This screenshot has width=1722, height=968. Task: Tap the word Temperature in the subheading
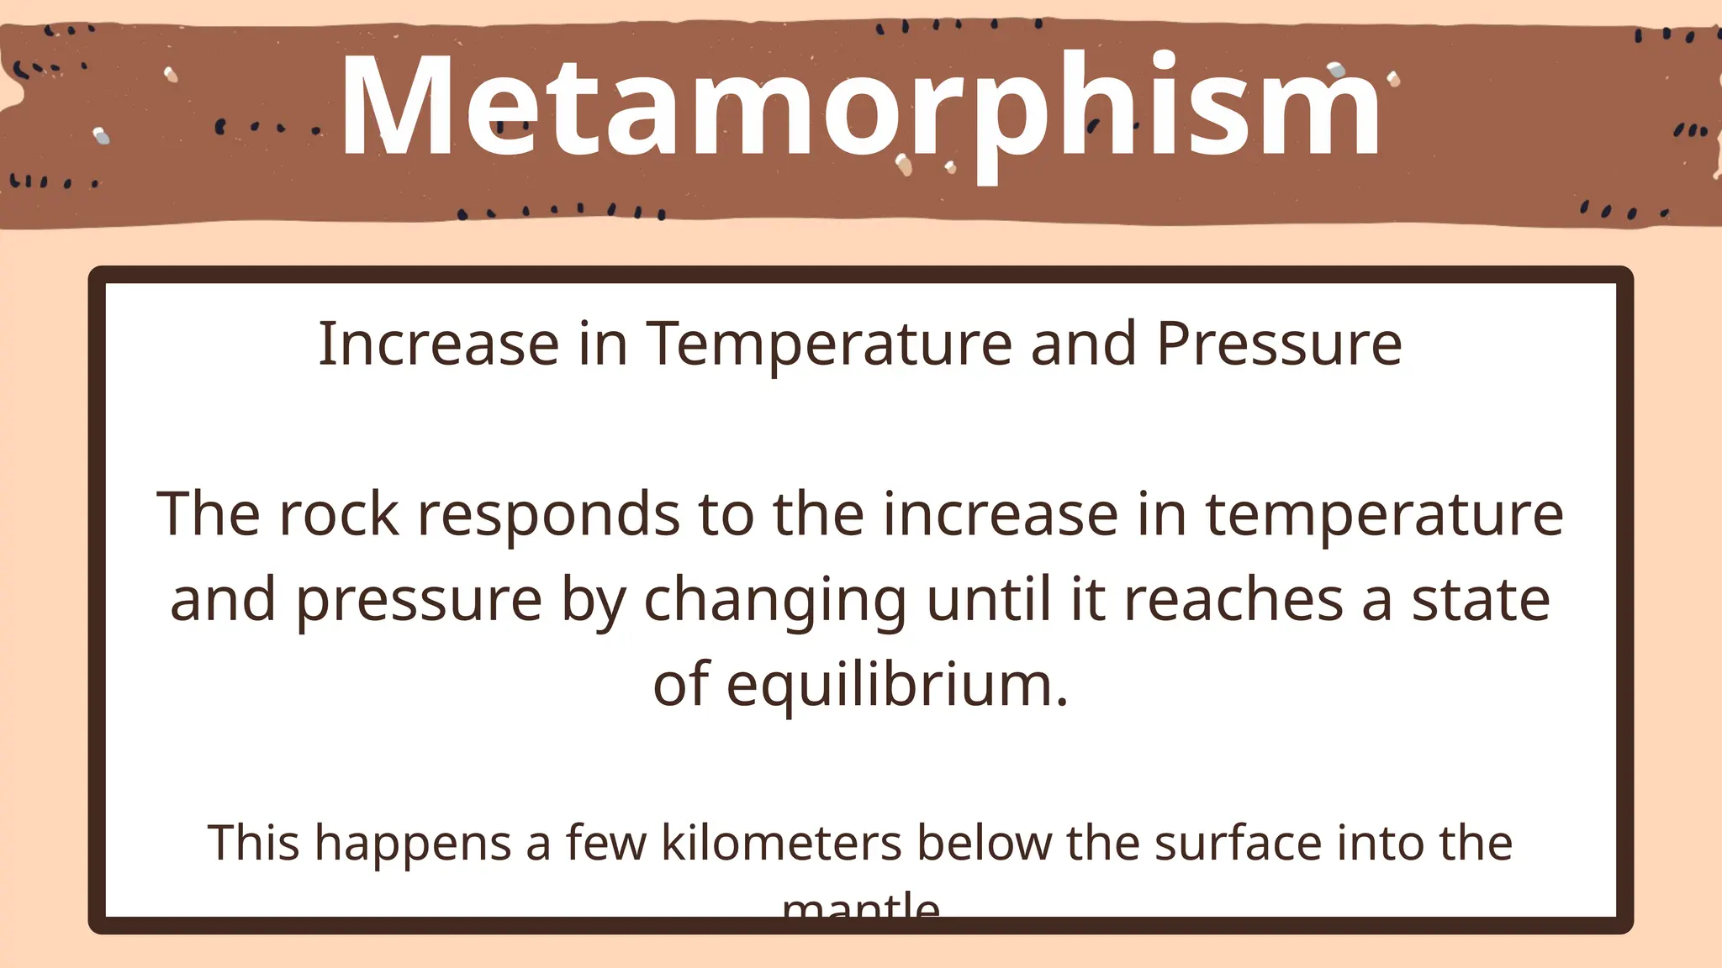click(x=828, y=345)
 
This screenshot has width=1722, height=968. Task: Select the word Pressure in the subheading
click(x=1279, y=345)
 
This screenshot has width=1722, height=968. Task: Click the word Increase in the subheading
click(x=438, y=345)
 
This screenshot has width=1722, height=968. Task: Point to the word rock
click(x=339, y=514)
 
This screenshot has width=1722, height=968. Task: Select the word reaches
click(x=1233, y=600)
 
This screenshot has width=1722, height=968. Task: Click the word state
click(x=1481, y=600)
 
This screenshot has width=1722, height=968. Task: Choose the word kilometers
click(x=781, y=843)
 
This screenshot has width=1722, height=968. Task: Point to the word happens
click(x=413, y=844)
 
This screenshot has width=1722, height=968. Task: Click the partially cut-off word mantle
click(x=860, y=907)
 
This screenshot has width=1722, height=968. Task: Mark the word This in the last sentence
click(x=253, y=843)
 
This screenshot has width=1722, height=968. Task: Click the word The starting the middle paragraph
click(x=208, y=514)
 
